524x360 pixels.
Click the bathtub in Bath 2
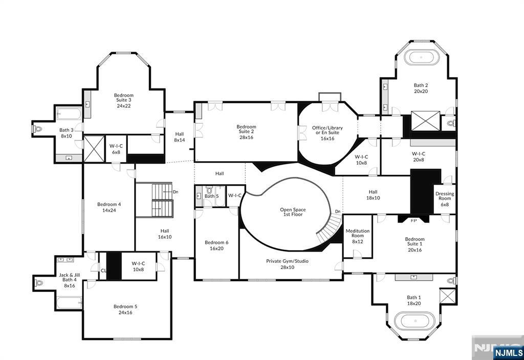(x=421, y=57)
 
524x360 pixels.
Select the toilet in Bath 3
(x=38, y=128)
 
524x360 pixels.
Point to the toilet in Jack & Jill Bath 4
(x=39, y=283)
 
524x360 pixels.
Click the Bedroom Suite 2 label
(x=246, y=132)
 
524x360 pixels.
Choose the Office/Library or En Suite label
(x=327, y=133)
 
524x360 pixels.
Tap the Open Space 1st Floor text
(x=293, y=212)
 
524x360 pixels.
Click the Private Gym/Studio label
(x=288, y=264)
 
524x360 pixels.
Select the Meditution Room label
(x=358, y=236)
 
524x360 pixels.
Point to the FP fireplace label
(x=413, y=221)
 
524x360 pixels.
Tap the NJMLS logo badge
(x=508, y=353)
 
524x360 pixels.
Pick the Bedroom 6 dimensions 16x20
(x=216, y=249)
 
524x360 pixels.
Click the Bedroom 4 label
(x=110, y=205)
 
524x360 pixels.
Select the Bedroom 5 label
(x=125, y=307)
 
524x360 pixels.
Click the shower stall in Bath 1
(x=448, y=296)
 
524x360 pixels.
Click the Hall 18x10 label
(x=373, y=195)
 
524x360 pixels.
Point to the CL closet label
(x=103, y=271)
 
